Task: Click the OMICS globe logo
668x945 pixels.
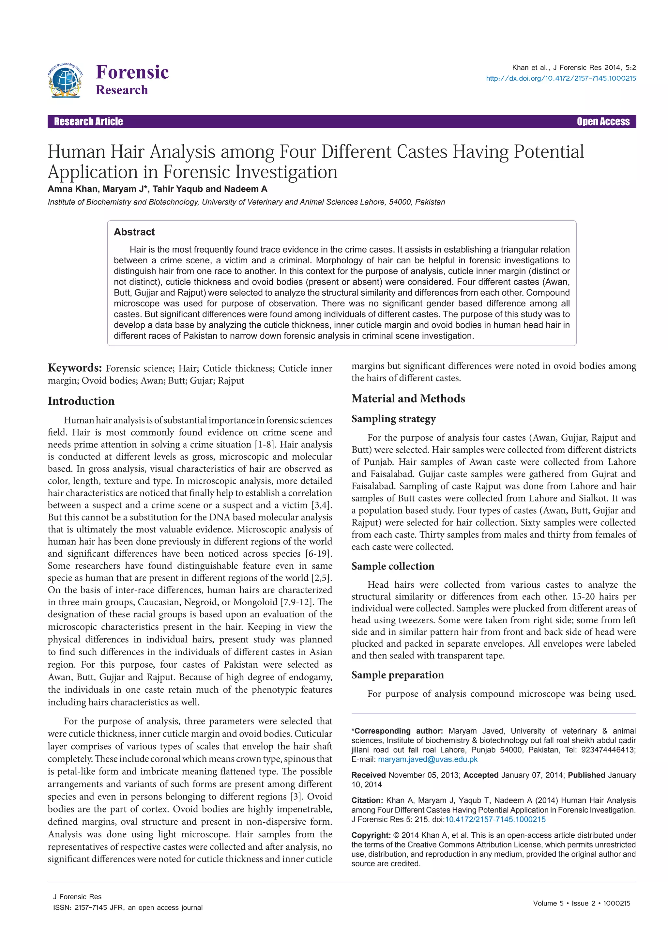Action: point(65,80)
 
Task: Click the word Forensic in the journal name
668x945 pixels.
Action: point(132,72)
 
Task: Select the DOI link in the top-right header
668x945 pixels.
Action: point(561,78)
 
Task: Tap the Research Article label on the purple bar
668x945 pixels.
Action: point(88,121)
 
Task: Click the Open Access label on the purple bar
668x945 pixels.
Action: point(603,121)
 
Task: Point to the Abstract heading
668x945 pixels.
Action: point(134,232)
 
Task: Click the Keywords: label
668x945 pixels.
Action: point(75,368)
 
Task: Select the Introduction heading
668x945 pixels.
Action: point(81,401)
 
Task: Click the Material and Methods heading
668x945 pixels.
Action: point(408,398)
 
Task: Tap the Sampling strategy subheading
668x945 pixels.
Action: point(393,419)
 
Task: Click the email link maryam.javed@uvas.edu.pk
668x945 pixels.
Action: point(428,759)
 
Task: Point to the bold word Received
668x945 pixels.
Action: point(368,775)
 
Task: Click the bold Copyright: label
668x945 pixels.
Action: point(371,835)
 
